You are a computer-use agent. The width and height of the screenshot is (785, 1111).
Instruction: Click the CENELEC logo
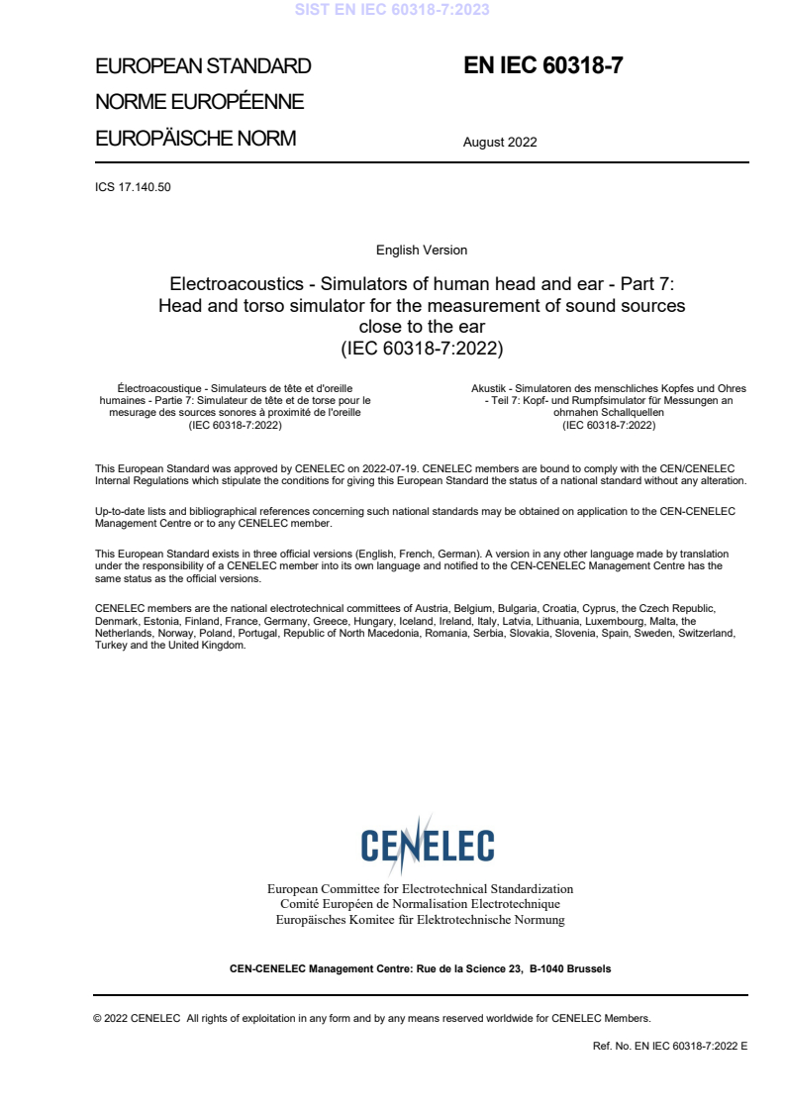click(x=427, y=845)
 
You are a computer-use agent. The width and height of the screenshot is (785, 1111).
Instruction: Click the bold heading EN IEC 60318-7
click(x=542, y=66)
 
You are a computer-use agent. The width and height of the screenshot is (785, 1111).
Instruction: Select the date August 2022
click(x=500, y=142)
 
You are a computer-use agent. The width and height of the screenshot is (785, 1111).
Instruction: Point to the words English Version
click(x=422, y=250)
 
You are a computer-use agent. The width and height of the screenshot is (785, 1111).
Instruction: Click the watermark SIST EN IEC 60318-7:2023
click(x=391, y=10)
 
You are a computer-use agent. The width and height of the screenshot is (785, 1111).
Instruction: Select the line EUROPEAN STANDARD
click(x=203, y=67)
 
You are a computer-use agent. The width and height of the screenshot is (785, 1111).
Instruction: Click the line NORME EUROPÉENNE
click(x=199, y=102)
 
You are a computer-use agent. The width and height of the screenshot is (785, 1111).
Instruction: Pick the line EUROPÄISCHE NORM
click(x=195, y=139)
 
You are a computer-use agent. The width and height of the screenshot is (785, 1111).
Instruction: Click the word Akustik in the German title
click(x=489, y=388)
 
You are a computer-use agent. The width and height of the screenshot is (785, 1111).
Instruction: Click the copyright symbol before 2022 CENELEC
click(x=97, y=1018)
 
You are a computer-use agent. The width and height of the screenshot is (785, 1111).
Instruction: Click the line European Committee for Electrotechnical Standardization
click(x=421, y=889)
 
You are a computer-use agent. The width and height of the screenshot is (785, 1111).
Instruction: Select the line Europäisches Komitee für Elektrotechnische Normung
click(x=421, y=920)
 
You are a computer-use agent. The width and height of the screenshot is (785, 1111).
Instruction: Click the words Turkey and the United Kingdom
click(x=169, y=645)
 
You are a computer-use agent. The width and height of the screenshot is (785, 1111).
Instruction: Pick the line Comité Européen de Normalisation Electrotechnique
click(x=421, y=904)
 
